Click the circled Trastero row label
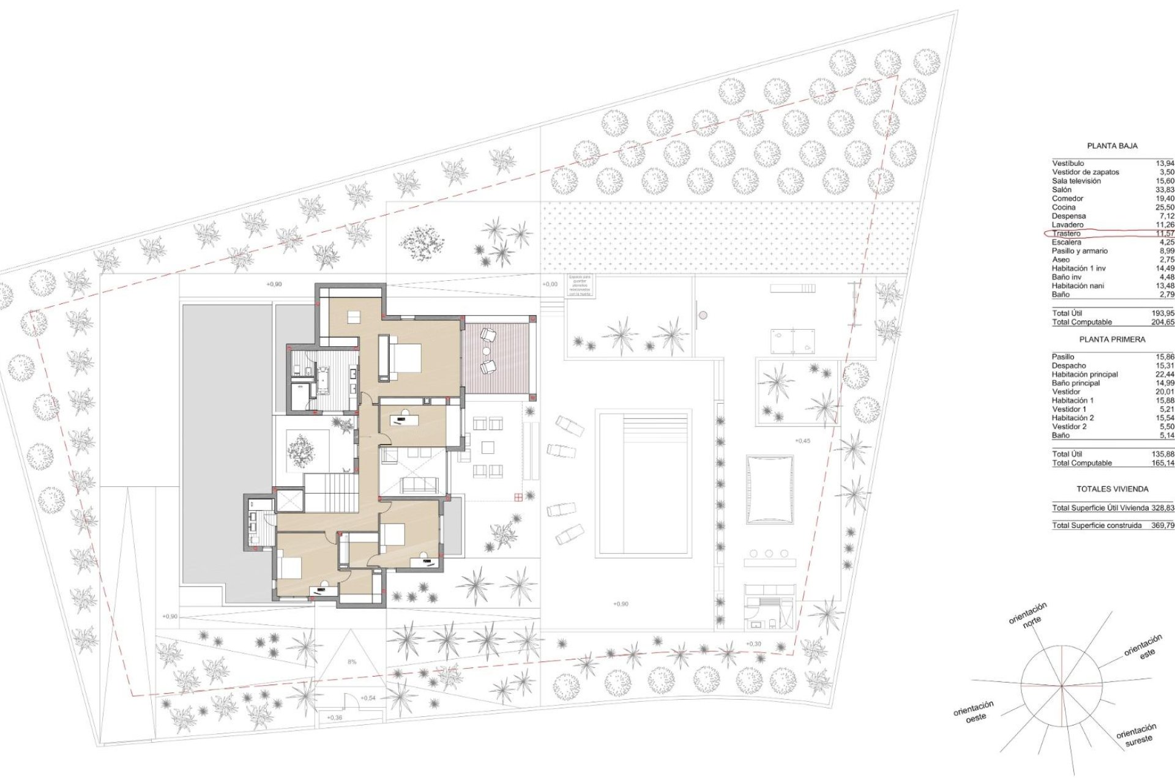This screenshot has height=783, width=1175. (x=1067, y=234)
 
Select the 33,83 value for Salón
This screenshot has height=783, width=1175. (x=1165, y=190)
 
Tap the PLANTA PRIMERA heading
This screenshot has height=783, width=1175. (x=1112, y=340)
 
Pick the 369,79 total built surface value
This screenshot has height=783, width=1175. (x=1162, y=525)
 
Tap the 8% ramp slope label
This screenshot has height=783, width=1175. (x=352, y=662)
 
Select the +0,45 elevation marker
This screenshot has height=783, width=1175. (x=802, y=440)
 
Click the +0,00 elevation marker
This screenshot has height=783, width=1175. (x=550, y=284)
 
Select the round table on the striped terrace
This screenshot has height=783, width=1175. (x=486, y=351)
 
